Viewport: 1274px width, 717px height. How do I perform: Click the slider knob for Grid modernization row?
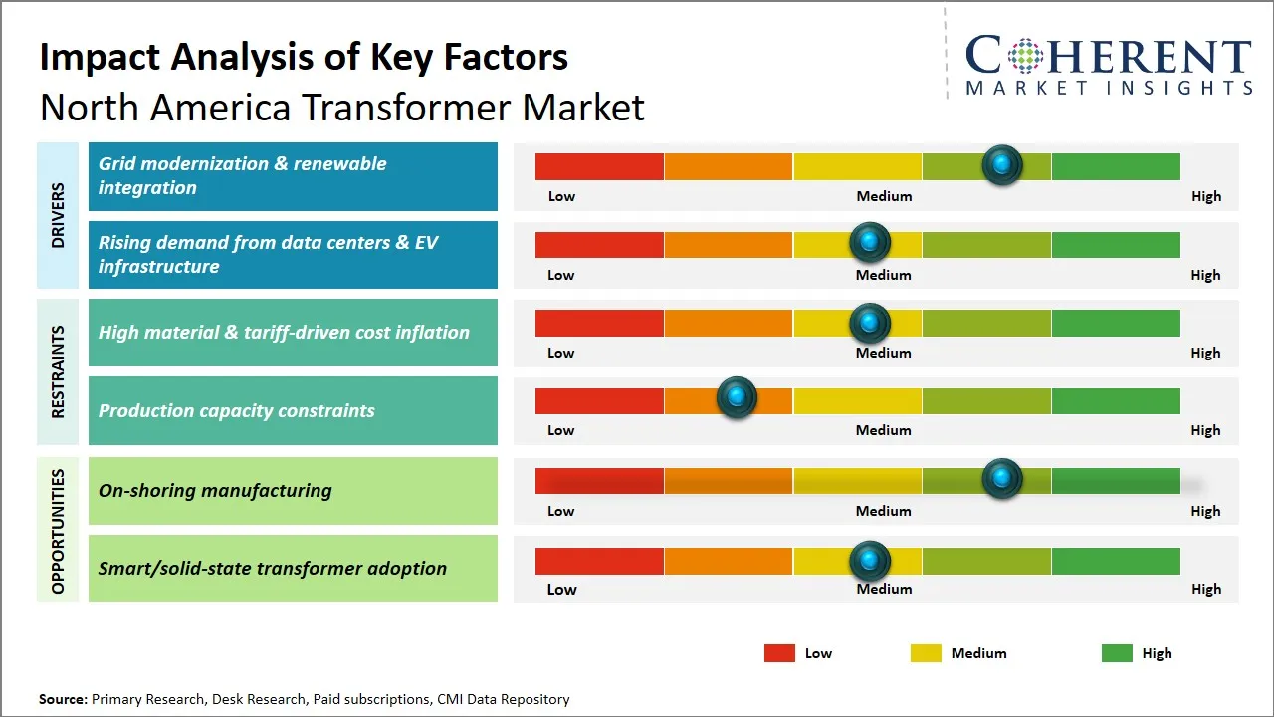point(1002,164)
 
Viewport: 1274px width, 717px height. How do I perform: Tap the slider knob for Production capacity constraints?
point(737,397)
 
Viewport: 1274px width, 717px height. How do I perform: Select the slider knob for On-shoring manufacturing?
point(1002,478)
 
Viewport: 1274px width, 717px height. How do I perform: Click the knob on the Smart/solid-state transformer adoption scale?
point(870,561)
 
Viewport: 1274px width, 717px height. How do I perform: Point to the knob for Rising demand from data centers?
point(870,242)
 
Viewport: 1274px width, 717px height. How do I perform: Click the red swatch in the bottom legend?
point(779,653)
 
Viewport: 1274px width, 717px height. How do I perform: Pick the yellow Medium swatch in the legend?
point(926,653)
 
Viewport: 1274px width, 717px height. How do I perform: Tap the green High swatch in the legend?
point(1117,653)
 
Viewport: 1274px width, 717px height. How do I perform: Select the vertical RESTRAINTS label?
point(58,371)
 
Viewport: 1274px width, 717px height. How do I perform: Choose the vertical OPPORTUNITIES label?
point(58,531)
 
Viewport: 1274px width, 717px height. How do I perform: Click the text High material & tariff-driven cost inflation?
point(284,333)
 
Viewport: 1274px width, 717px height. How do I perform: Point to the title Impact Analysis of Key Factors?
point(304,57)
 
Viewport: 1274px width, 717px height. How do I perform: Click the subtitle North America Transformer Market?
point(342,107)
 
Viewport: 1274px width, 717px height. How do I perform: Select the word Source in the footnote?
point(62,699)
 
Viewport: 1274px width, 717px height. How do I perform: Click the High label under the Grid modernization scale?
point(1205,196)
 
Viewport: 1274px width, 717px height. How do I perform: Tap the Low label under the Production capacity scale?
point(561,430)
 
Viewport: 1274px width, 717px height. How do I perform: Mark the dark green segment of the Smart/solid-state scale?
point(1115,561)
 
